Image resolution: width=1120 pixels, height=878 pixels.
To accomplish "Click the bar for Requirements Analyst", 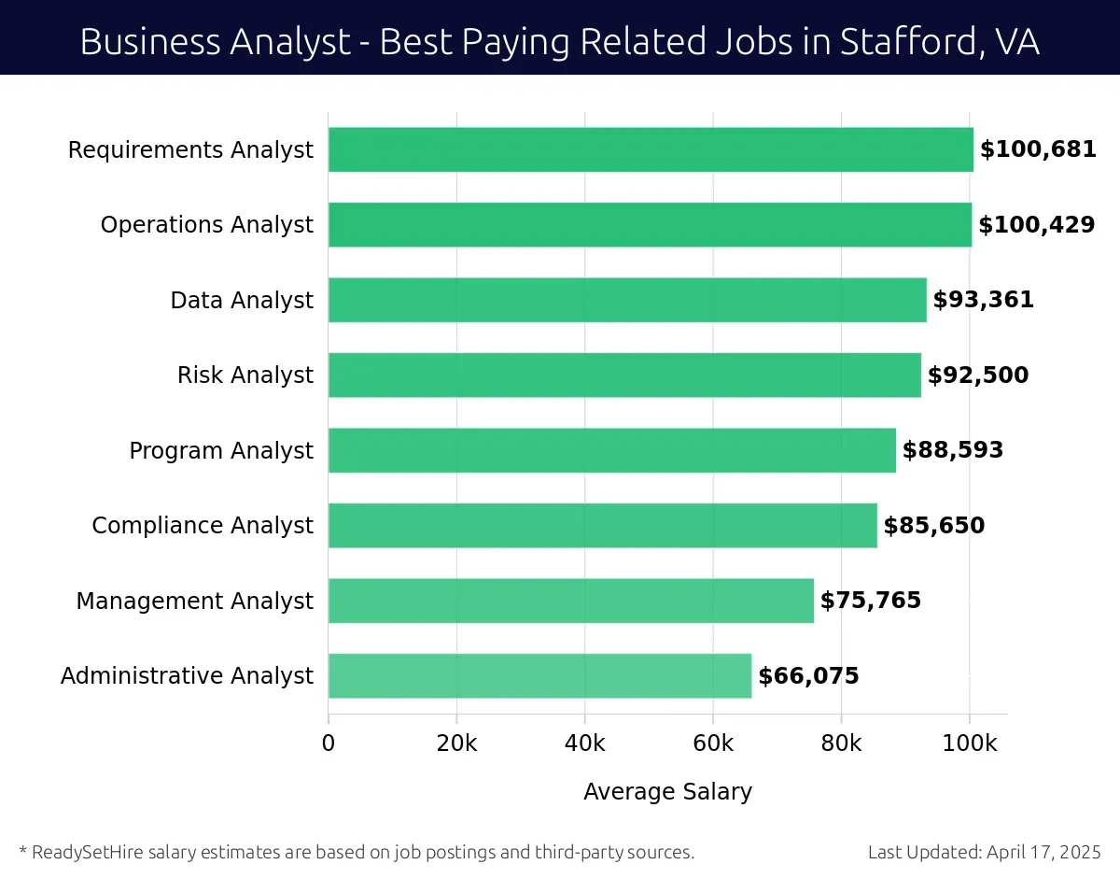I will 651,149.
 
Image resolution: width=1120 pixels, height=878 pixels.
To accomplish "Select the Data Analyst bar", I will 627,300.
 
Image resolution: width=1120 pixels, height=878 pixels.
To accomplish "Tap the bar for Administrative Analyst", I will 539,675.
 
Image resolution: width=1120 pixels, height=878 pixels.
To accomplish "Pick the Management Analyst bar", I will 570,601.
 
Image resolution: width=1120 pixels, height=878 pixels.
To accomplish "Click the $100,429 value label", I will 1036,225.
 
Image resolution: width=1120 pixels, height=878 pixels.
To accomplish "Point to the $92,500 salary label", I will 977,375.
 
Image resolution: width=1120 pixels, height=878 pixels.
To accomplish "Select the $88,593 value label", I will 952,450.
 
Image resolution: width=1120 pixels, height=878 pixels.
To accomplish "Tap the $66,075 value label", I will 808,676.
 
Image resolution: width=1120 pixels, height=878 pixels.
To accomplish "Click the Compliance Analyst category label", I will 203,526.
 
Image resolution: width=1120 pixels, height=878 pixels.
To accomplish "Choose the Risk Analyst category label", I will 245,375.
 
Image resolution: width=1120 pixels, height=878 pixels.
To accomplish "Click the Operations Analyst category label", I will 207,225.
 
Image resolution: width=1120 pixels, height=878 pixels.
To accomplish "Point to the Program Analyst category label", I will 221,451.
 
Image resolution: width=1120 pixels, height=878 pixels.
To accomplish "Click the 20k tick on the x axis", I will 456,743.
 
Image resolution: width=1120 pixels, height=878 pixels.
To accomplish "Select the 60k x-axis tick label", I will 713,743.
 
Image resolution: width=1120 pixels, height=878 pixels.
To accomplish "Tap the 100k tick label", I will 969,743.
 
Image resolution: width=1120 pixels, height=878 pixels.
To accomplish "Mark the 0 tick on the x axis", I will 329,743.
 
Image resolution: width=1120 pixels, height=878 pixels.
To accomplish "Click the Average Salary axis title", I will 667,792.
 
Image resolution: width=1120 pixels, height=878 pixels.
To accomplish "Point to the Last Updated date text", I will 984,852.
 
